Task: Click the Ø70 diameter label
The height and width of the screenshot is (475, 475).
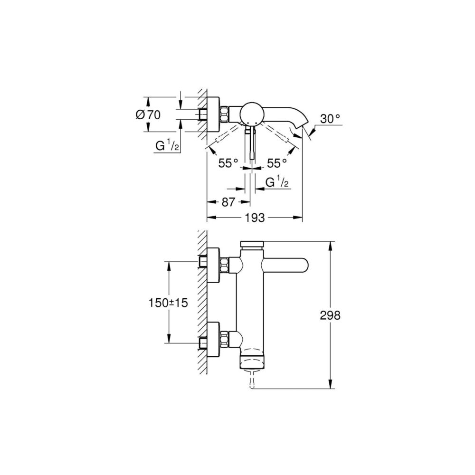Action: click(148, 114)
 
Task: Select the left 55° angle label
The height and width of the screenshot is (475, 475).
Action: click(228, 163)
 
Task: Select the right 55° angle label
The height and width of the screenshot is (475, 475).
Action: click(277, 163)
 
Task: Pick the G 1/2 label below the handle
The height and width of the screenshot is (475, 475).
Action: click(277, 183)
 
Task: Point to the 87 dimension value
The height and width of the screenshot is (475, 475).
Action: click(228, 202)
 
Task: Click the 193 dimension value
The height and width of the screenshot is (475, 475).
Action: click(255, 218)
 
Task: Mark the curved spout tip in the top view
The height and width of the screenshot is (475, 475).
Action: click(299, 127)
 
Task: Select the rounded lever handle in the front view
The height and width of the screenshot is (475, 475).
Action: click(285, 265)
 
